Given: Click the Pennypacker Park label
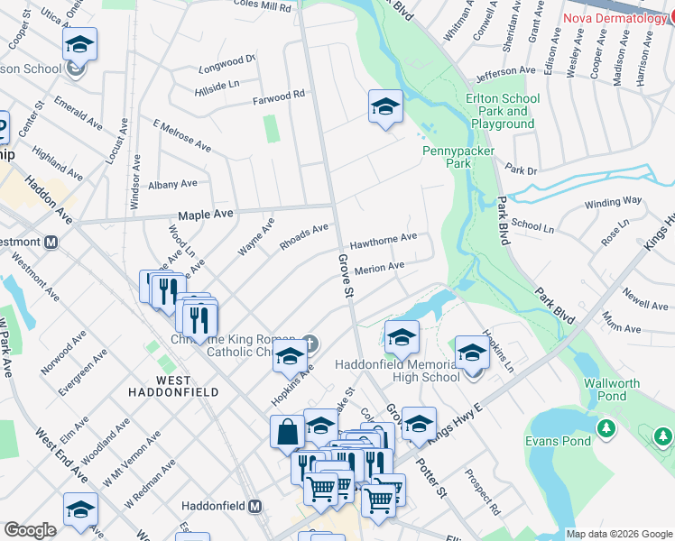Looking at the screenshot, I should (x=448, y=158).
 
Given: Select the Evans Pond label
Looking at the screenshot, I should (x=559, y=441).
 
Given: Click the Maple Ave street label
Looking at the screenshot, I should (x=206, y=215).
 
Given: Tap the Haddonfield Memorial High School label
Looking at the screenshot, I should (x=397, y=371).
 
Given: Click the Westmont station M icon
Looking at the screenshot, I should (x=51, y=242).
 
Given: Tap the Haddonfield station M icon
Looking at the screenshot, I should (x=255, y=506).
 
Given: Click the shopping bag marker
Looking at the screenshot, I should (x=287, y=431).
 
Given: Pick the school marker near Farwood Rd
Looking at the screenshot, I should (x=385, y=106).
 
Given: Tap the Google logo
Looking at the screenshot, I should (x=30, y=530).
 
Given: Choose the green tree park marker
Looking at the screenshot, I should (x=662, y=437).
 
